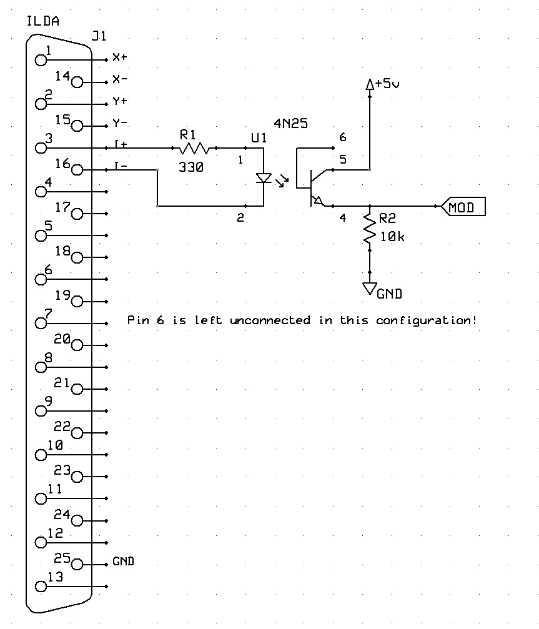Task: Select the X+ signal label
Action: point(120,58)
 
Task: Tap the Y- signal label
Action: point(120,123)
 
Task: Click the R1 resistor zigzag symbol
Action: point(194,148)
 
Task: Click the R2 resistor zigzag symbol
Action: point(370,230)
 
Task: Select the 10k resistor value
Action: point(392,237)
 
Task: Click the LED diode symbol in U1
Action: point(264,179)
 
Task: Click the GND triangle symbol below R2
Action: point(370,288)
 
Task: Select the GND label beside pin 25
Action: point(124,561)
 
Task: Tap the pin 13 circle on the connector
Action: point(42,587)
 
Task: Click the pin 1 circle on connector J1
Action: point(42,60)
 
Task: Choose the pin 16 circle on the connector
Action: point(77,170)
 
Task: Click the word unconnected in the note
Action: point(270,320)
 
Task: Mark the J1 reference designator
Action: point(98,36)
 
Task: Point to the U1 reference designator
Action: point(259,138)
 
